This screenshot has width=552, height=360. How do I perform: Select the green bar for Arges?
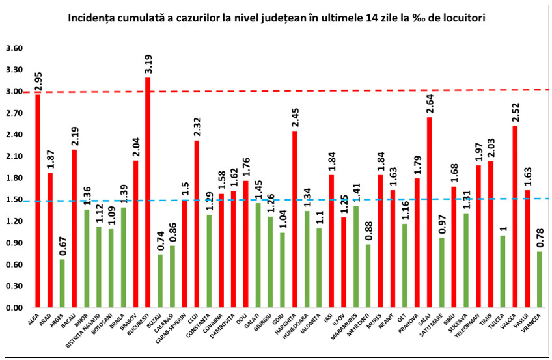(62, 283)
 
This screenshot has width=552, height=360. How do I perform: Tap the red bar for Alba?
(38, 201)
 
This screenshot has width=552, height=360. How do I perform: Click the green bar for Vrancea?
(540, 279)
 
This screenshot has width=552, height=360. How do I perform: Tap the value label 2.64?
(430, 104)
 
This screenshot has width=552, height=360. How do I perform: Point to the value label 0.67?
(62, 246)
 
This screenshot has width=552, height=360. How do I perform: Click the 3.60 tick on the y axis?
(14, 49)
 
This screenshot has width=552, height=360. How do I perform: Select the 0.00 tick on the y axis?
(14, 307)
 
